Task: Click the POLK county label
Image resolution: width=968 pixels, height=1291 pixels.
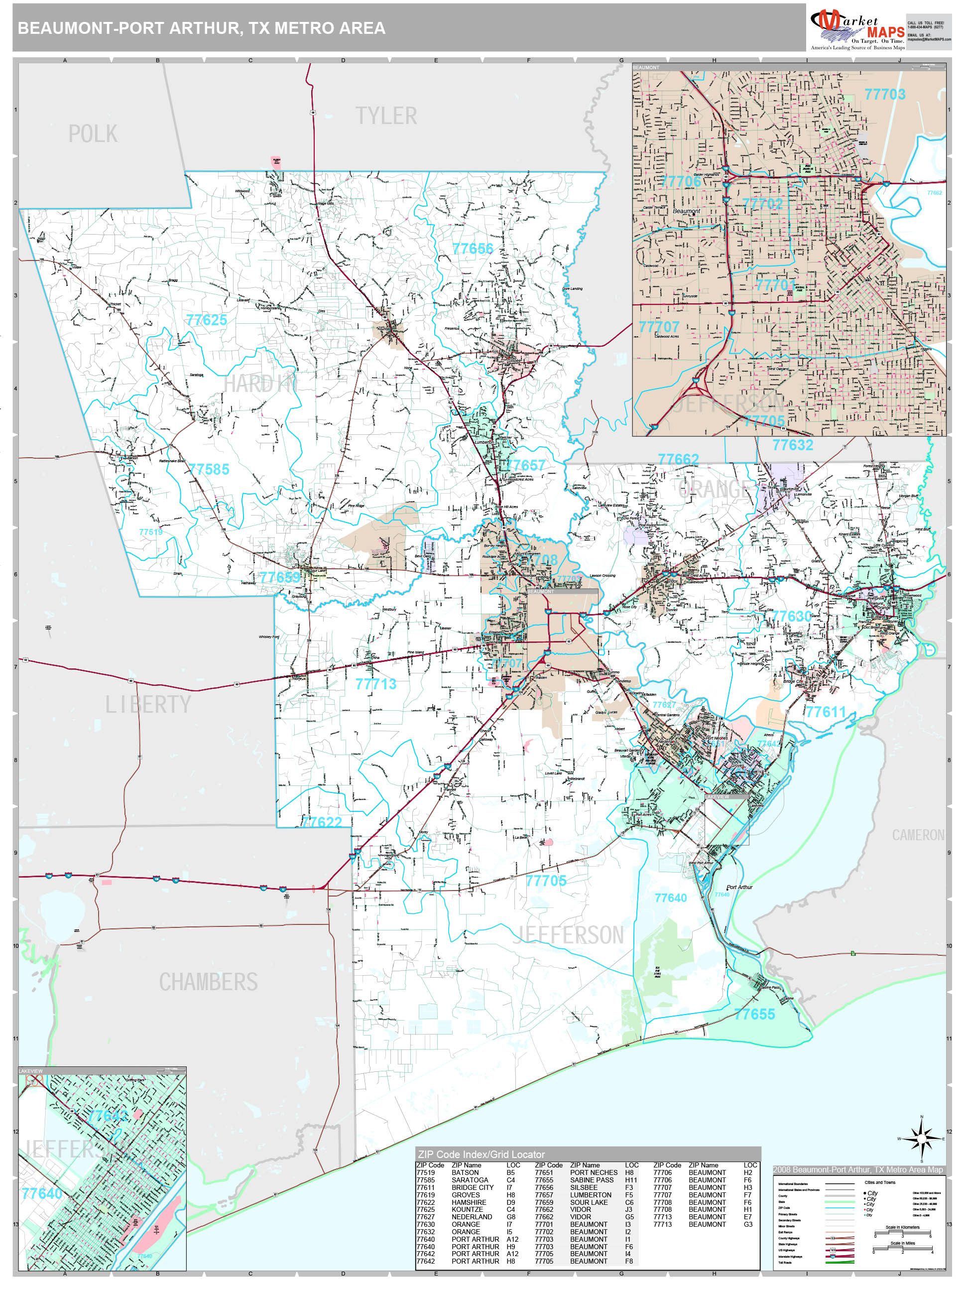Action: (93, 134)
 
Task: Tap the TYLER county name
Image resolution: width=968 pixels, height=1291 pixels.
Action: (386, 116)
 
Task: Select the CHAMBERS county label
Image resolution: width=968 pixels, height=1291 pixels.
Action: (208, 982)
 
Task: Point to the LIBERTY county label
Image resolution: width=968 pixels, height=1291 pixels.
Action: (148, 704)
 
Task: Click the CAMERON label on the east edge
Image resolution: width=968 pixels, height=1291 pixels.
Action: (917, 835)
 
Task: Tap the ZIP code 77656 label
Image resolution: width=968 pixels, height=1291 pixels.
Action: (473, 249)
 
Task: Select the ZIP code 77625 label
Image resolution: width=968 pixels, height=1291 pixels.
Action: (207, 320)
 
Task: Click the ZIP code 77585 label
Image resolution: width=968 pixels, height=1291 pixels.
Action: (209, 469)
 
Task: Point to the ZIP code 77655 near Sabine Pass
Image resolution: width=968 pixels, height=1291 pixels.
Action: (754, 1015)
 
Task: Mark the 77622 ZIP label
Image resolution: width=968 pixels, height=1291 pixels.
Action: (322, 822)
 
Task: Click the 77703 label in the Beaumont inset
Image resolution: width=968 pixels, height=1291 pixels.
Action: (884, 95)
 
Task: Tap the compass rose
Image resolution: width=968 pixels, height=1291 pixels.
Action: (921, 1139)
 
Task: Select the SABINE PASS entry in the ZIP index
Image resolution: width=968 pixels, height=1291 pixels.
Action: (592, 1180)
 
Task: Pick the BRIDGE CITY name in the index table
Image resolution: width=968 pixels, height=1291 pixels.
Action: (472, 1187)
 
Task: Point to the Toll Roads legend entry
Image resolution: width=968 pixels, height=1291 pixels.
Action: (785, 1263)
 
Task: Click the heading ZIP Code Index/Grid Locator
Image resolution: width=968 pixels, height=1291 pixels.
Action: (482, 1155)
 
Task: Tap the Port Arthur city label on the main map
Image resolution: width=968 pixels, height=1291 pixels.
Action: (739, 887)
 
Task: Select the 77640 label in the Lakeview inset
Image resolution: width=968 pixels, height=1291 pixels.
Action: (41, 1193)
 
